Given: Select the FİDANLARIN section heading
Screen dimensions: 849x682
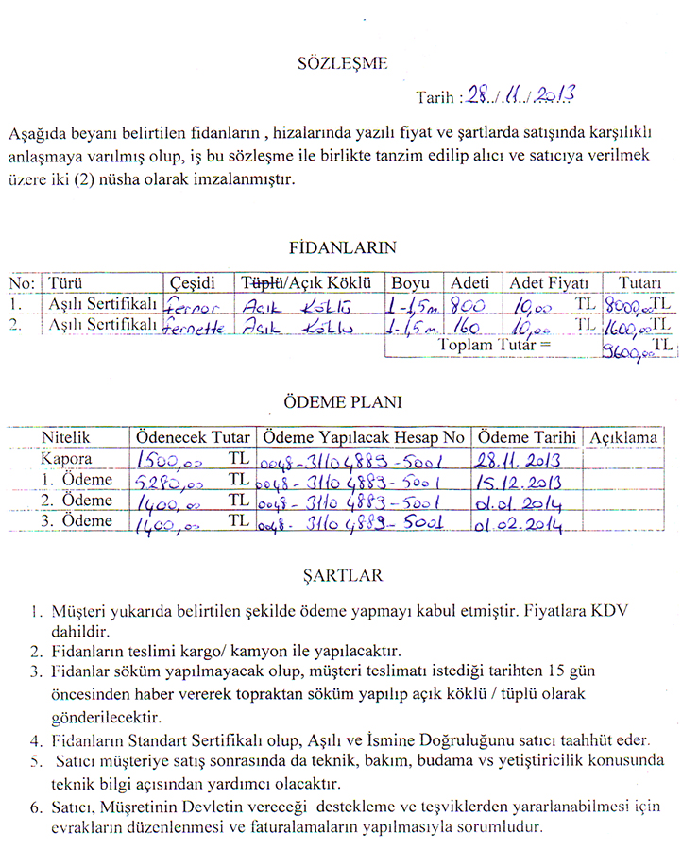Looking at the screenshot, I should click(x=342, y=247).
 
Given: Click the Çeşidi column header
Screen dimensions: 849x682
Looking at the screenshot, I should click(x=194, y=283).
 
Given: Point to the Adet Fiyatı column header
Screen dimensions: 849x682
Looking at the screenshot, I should click(x=549, y=283).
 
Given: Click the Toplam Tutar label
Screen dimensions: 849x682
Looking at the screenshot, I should click(x=492, y=346).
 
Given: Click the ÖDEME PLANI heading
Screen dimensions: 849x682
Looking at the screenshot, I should click(x=342, y=401).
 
